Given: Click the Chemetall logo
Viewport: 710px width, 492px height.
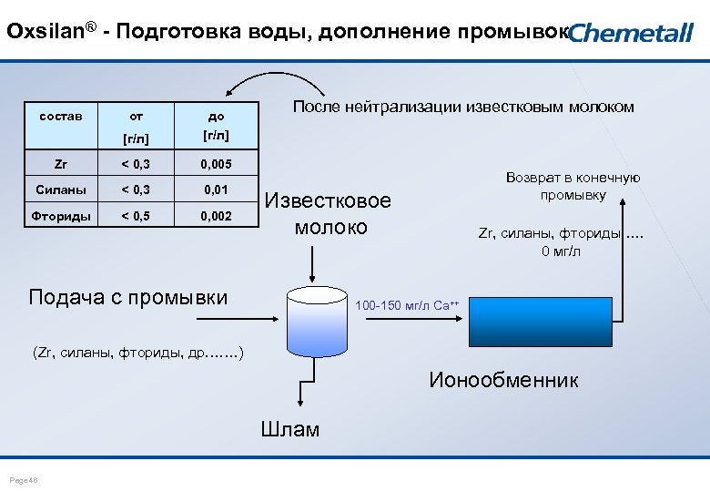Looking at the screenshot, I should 631,33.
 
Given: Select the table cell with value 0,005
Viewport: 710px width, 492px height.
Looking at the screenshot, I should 216,165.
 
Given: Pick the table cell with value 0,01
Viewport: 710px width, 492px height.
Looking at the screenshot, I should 216,190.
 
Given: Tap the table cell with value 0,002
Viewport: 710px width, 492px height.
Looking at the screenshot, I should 216,217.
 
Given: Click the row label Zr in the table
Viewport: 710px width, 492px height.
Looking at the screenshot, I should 61,165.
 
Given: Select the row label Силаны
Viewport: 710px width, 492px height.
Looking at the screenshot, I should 61,190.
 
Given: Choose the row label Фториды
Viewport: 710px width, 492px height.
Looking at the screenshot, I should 61,217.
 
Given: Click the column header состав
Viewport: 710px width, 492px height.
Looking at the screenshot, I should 61,116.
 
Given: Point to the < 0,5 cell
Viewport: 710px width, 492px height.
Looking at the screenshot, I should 137,217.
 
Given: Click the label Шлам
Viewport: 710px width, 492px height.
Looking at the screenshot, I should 290,429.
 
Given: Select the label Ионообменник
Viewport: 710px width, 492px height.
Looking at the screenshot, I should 502,380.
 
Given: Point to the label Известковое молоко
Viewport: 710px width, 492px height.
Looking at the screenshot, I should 329,213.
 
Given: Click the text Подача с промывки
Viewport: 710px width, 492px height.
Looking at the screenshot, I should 127,297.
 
